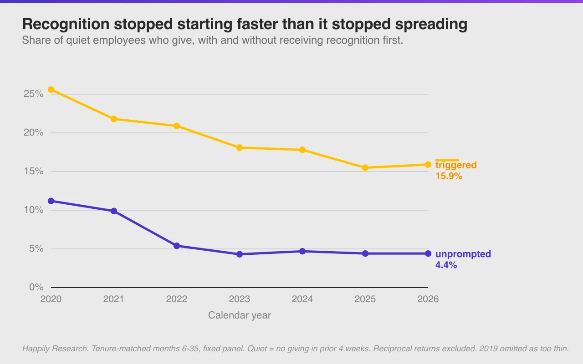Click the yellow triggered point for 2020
point(51,90)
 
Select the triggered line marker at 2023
point(240,148)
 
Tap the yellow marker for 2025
point(365,168)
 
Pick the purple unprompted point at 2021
point(114,211)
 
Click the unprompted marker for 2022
point(177,246)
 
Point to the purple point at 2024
point(302,252)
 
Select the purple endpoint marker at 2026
point(428,253)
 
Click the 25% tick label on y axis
point(34,94)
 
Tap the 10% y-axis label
point(34,210)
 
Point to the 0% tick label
point(36,287)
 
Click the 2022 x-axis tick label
point(177,299)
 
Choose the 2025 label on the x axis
point(365,299)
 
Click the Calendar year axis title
point(240,315)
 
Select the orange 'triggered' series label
point(456,165)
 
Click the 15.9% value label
point(449,176)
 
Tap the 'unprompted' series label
point(463,254)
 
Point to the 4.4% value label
point(446,265)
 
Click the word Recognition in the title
point(66,24)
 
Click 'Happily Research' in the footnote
point(55,349)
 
